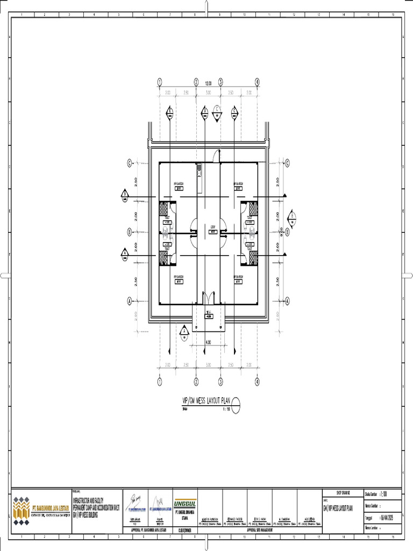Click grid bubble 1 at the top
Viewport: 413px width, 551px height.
pyautogui.click(x=160, y=82)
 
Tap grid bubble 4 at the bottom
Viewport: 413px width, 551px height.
pyautogui.click(x=257, y=382)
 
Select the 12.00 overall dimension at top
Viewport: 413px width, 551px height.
pyautogui.click(x=208, y=83)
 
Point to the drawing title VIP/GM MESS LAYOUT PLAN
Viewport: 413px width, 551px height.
pyautogui.click(x=206, y=400)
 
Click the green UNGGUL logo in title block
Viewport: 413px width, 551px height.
pyautogui.click(x=184, y=503)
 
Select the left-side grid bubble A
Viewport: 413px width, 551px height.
pyautogui.click(x=129, y=301)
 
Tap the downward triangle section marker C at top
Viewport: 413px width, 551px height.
pyautogui.click(x=217, y=109)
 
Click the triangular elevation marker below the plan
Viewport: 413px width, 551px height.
pyautogui.click(x=184, y=331)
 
